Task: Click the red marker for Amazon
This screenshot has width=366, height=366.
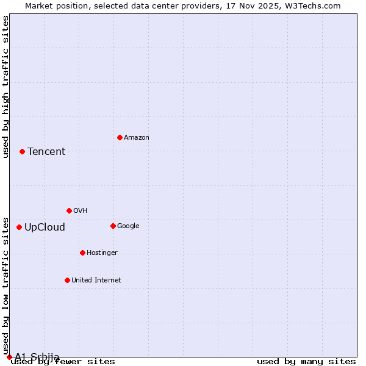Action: [x=120, y=137]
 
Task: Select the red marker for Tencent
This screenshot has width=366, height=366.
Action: [x=22, y=151]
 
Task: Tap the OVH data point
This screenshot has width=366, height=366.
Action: [x=69, y=210]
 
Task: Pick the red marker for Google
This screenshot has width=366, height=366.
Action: [x=113, y=226]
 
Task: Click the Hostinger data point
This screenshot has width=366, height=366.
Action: [x=82, y=253]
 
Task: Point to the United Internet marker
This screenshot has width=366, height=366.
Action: [x=67, y=280]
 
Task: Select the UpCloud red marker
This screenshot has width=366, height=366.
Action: [x=19, y=227]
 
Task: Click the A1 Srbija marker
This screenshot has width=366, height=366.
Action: [x=9, y=357]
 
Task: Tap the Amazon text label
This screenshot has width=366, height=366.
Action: [x=137, y=138]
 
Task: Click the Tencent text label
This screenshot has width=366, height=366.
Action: [x=46, y=152]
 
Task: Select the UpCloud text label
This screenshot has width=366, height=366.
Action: [x=45, y=228]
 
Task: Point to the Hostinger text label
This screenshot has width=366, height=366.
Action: [x=102, y=253]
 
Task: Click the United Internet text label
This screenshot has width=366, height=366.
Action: [x=96, y=281]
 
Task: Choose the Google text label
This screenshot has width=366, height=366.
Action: [x=128, y=226]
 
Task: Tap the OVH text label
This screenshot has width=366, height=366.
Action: [x=81, y=211]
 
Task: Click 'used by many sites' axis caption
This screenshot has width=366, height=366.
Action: [x=306, y=362]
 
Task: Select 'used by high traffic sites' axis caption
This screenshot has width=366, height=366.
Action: [x=6, y=87]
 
